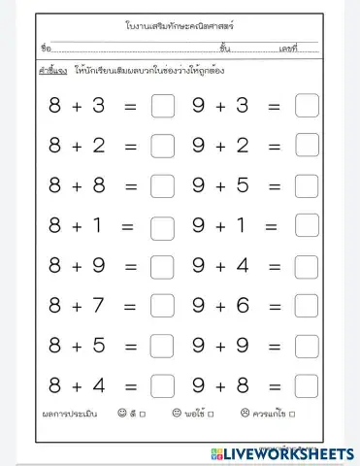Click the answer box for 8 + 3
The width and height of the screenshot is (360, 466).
tap(163, 106)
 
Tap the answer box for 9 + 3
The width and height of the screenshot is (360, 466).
tap(307, 106)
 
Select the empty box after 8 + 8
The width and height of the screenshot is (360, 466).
tap(163, 185)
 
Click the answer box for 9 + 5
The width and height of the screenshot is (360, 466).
tap(307, 185)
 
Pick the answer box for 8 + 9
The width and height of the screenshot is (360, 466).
tap(163, 266)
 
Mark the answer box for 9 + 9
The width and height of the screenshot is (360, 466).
tap(307, 346)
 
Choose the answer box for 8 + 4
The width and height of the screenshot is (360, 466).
tap(163, 385)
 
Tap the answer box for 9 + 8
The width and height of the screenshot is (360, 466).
tap(307, 385)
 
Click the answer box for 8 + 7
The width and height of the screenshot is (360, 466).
tap(163, 306)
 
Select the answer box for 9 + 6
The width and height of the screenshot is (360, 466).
tap(307, 306)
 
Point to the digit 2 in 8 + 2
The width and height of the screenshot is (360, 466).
tap(99, 146)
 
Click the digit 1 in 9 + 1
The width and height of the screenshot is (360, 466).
tap(242, 226)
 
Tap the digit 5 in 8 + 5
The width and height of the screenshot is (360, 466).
tap(99, 346)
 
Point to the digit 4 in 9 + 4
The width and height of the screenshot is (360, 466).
tap(243, 266)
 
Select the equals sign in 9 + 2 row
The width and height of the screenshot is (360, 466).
tap(274, 146)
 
